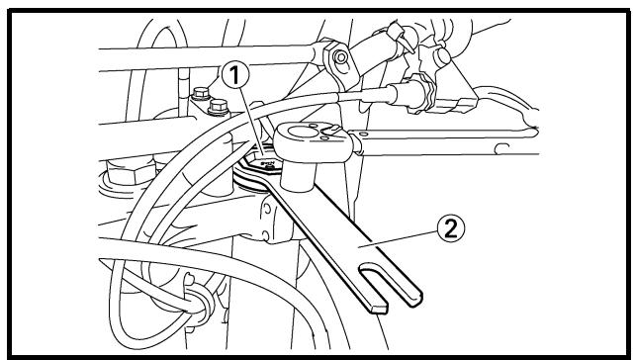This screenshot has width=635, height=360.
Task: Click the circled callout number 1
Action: point(235,75)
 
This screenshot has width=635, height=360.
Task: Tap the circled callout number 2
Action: point(451,228)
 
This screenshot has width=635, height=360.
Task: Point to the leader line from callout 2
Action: point(398,239)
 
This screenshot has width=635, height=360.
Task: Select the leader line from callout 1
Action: point(253,121)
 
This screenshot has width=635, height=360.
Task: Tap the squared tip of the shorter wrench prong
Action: point(378,309)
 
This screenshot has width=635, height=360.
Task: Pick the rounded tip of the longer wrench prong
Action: point(415,300)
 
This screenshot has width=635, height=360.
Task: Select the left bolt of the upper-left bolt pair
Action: point(201,94)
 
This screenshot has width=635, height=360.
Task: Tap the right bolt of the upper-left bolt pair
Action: point(219,106)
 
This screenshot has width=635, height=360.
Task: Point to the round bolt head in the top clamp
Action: point(340,57)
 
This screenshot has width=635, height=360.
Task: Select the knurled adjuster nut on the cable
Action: point(424,95)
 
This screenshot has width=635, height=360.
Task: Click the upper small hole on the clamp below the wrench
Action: point(267,210)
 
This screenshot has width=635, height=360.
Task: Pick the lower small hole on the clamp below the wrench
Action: point(266,235)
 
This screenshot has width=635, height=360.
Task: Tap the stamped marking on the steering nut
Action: point(268,163)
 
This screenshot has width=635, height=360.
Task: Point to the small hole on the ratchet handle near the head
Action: point(363,134)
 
